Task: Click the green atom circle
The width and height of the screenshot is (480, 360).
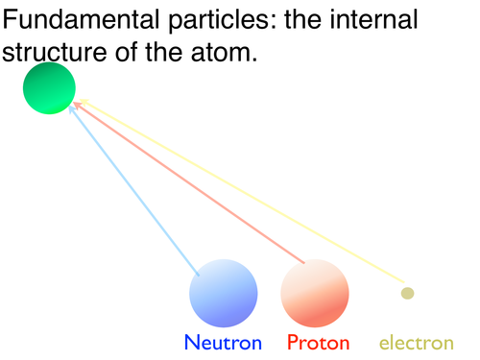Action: tap(49, 88)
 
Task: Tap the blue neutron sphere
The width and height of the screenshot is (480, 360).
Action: tap(224, 293)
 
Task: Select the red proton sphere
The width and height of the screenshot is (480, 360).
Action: tap(315, 293)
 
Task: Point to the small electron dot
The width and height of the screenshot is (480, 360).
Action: tap(407, 293)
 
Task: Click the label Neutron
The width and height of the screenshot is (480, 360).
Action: tap(223, 343)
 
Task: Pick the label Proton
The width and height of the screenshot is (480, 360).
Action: tap(318, 343)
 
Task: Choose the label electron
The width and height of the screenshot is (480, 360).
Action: tap(417, 343)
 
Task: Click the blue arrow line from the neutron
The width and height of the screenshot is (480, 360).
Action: tap(133, 191)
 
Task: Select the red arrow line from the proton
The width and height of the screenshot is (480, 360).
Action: tap(189, 182)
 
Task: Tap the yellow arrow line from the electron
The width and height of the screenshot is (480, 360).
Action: tap(242, 191)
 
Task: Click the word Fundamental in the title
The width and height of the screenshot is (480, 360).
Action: tap(81, 19)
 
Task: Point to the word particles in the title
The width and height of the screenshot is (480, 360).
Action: tap(223, 20)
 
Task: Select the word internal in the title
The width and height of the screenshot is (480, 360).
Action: tap(373, 19)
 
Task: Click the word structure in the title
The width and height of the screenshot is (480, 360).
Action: tap(55, 53)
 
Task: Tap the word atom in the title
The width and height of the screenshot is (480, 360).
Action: tap(224, 52)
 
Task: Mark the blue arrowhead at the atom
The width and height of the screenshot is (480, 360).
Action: tap(72, 109)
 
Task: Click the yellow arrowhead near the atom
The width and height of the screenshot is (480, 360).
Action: tap(84, 102)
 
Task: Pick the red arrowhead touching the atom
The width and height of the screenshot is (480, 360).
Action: tap(77, 105)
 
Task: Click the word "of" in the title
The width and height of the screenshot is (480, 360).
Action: tap(127, 51)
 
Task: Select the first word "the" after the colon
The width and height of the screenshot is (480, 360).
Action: tap(303, 19)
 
